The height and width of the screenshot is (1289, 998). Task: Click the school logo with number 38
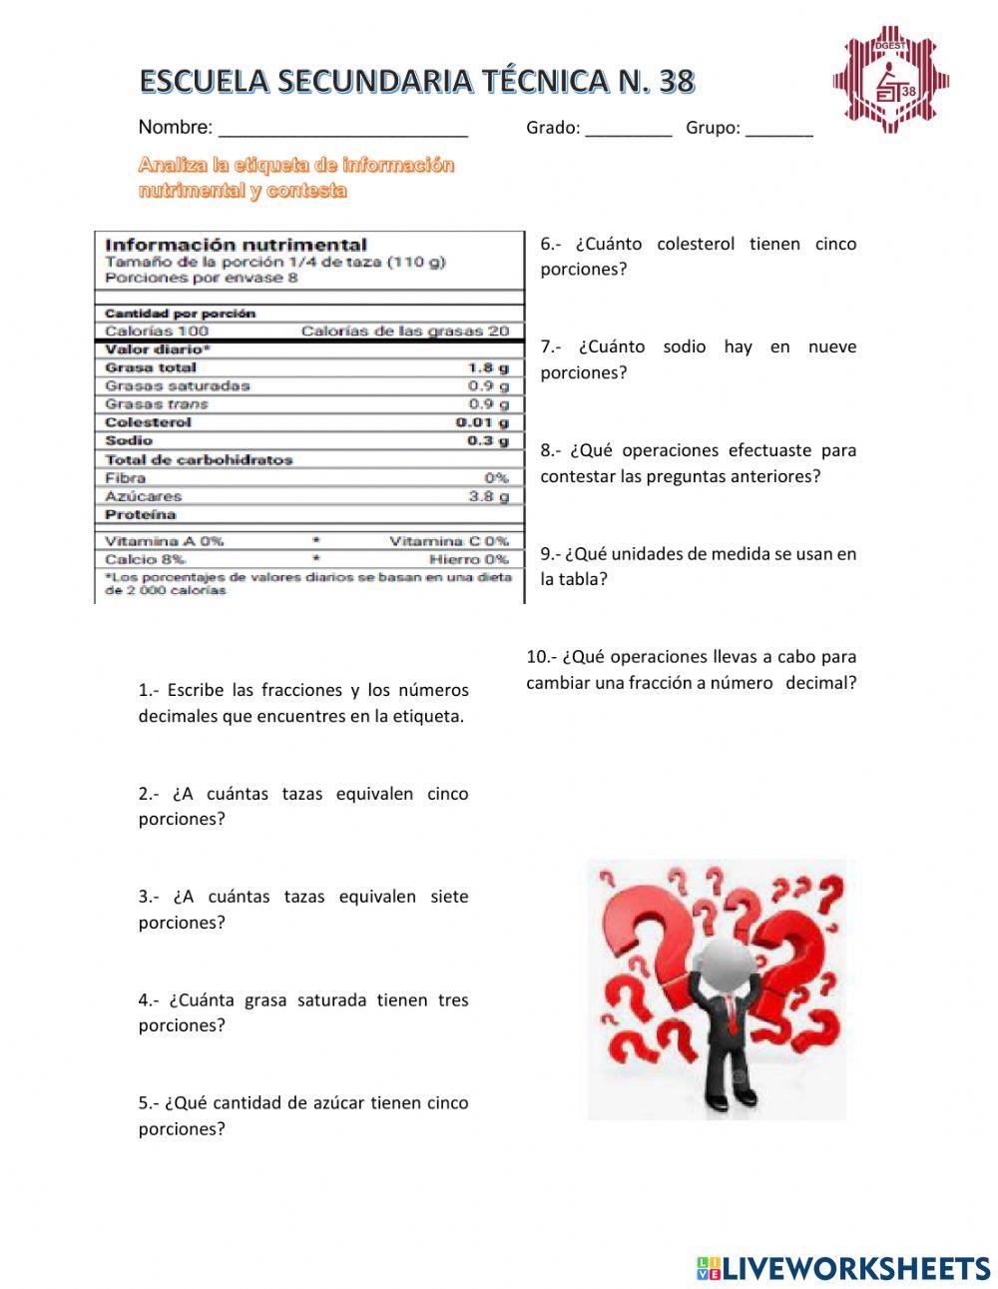[890, 81]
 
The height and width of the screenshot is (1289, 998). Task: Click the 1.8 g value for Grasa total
[488, 367]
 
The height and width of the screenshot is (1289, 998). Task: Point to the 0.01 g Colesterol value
[482, 422]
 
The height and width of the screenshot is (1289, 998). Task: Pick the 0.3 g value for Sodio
[488, 440]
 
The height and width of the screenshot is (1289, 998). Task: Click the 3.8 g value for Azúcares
[488, 495]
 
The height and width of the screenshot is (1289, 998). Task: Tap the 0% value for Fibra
[496, 477]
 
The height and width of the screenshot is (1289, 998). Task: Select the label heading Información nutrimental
[236, 245]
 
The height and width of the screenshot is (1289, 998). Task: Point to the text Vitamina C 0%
[448, 541]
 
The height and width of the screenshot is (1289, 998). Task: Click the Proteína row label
[141, 514]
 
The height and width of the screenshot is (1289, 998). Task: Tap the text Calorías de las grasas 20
[404, 330]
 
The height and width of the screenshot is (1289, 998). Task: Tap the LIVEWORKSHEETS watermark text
[856, 1268]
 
